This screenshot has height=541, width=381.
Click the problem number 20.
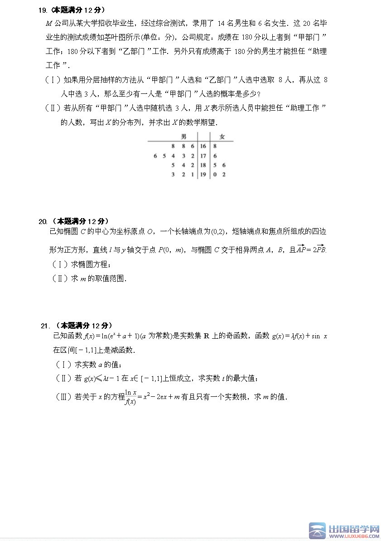click(43, 221)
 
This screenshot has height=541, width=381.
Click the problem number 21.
click(44, 326)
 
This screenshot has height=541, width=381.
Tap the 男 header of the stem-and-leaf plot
click(183, 136)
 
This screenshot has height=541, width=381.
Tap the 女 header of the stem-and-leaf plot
click(222, 136)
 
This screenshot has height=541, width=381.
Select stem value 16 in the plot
click(203, 146)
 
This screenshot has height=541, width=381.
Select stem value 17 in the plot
click(203, 156)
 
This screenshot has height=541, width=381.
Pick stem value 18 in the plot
click(203, 165)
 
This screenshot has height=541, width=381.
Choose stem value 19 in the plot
click(203, 175)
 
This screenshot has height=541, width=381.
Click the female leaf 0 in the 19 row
click(215, 175)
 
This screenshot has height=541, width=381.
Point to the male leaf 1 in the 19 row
click(192, 175)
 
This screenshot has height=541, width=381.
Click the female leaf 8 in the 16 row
click(215, 146)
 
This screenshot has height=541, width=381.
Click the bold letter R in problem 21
click(206, 336)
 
